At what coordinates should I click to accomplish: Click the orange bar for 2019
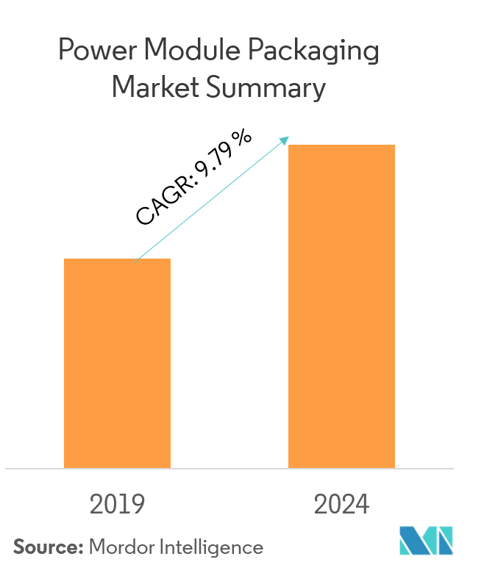[117, 363]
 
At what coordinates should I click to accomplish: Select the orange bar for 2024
[341, 306]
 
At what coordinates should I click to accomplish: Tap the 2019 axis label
[117, 505]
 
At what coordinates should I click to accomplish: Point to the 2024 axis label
[341, 505]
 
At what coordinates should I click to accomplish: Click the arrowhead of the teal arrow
[285, 140]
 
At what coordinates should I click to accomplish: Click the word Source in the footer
[46, 547]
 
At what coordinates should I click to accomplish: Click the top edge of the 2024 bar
[341, 145]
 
